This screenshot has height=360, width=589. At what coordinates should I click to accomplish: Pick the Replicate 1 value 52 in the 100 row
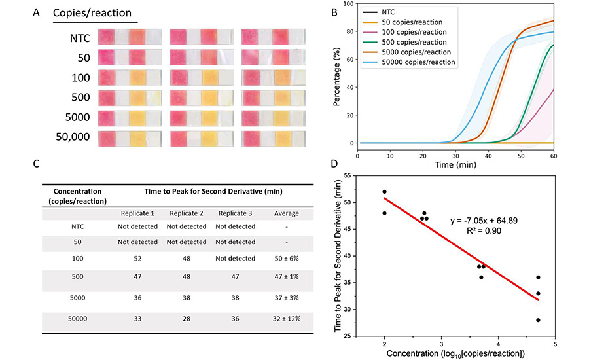[134, 258]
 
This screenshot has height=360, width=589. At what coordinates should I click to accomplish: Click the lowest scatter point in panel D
[538, 320]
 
